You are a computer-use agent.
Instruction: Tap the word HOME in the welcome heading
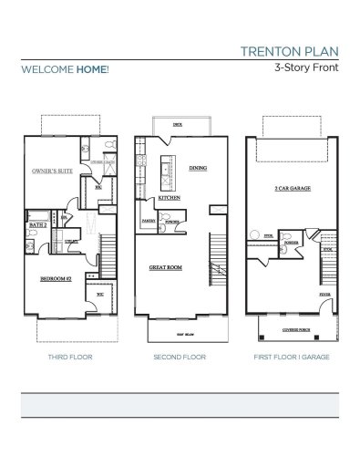pos(91,69)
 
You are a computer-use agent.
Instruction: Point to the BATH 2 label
pos(37,223)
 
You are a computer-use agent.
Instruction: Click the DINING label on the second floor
pos(198,169)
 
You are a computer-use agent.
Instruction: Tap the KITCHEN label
pos(170,198)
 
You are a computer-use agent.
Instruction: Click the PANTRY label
pos(148,220)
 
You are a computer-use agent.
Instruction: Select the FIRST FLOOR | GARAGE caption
pos(291,359)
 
